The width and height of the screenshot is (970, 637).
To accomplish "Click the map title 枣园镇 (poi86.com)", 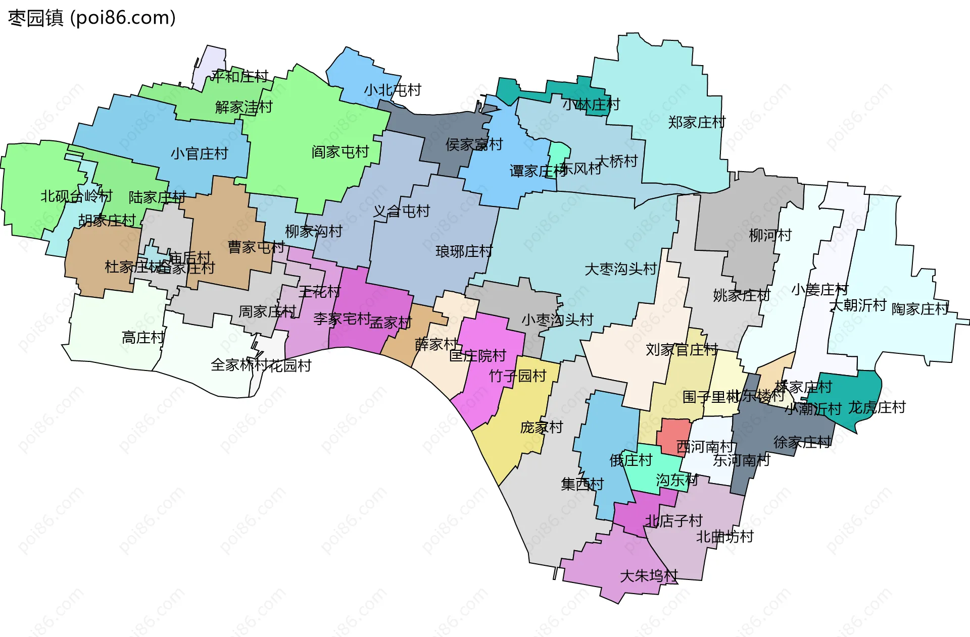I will (x=92, y=18).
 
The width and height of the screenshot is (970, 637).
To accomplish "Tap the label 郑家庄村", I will (x=697, y=122).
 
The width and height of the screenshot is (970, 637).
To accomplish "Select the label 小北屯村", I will (x=393, y=90).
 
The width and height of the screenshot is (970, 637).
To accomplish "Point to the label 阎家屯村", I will (x=340, y=152).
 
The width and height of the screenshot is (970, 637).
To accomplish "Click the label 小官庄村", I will (x=199, y=153).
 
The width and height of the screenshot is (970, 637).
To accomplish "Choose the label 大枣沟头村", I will (x=620, y=269).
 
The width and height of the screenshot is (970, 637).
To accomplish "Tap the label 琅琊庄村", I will (x=464, y=251).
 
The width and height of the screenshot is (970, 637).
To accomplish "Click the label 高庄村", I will (x=143, y=337).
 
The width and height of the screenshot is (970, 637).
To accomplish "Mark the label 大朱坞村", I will (x=649, y=576).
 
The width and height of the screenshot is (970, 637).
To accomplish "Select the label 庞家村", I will (x=542, y=428).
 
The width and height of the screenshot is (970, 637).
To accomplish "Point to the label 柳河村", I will (x=770, y=235).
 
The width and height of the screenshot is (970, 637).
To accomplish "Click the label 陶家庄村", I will (x=920, y=309).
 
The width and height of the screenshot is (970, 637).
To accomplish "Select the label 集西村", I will (x=582, y=485).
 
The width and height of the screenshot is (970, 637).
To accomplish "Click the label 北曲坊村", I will (x=724, y=537).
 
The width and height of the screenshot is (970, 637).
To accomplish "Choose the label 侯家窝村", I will (x=474, y=145).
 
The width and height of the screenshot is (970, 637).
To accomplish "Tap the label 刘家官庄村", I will (x=682, y=350).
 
